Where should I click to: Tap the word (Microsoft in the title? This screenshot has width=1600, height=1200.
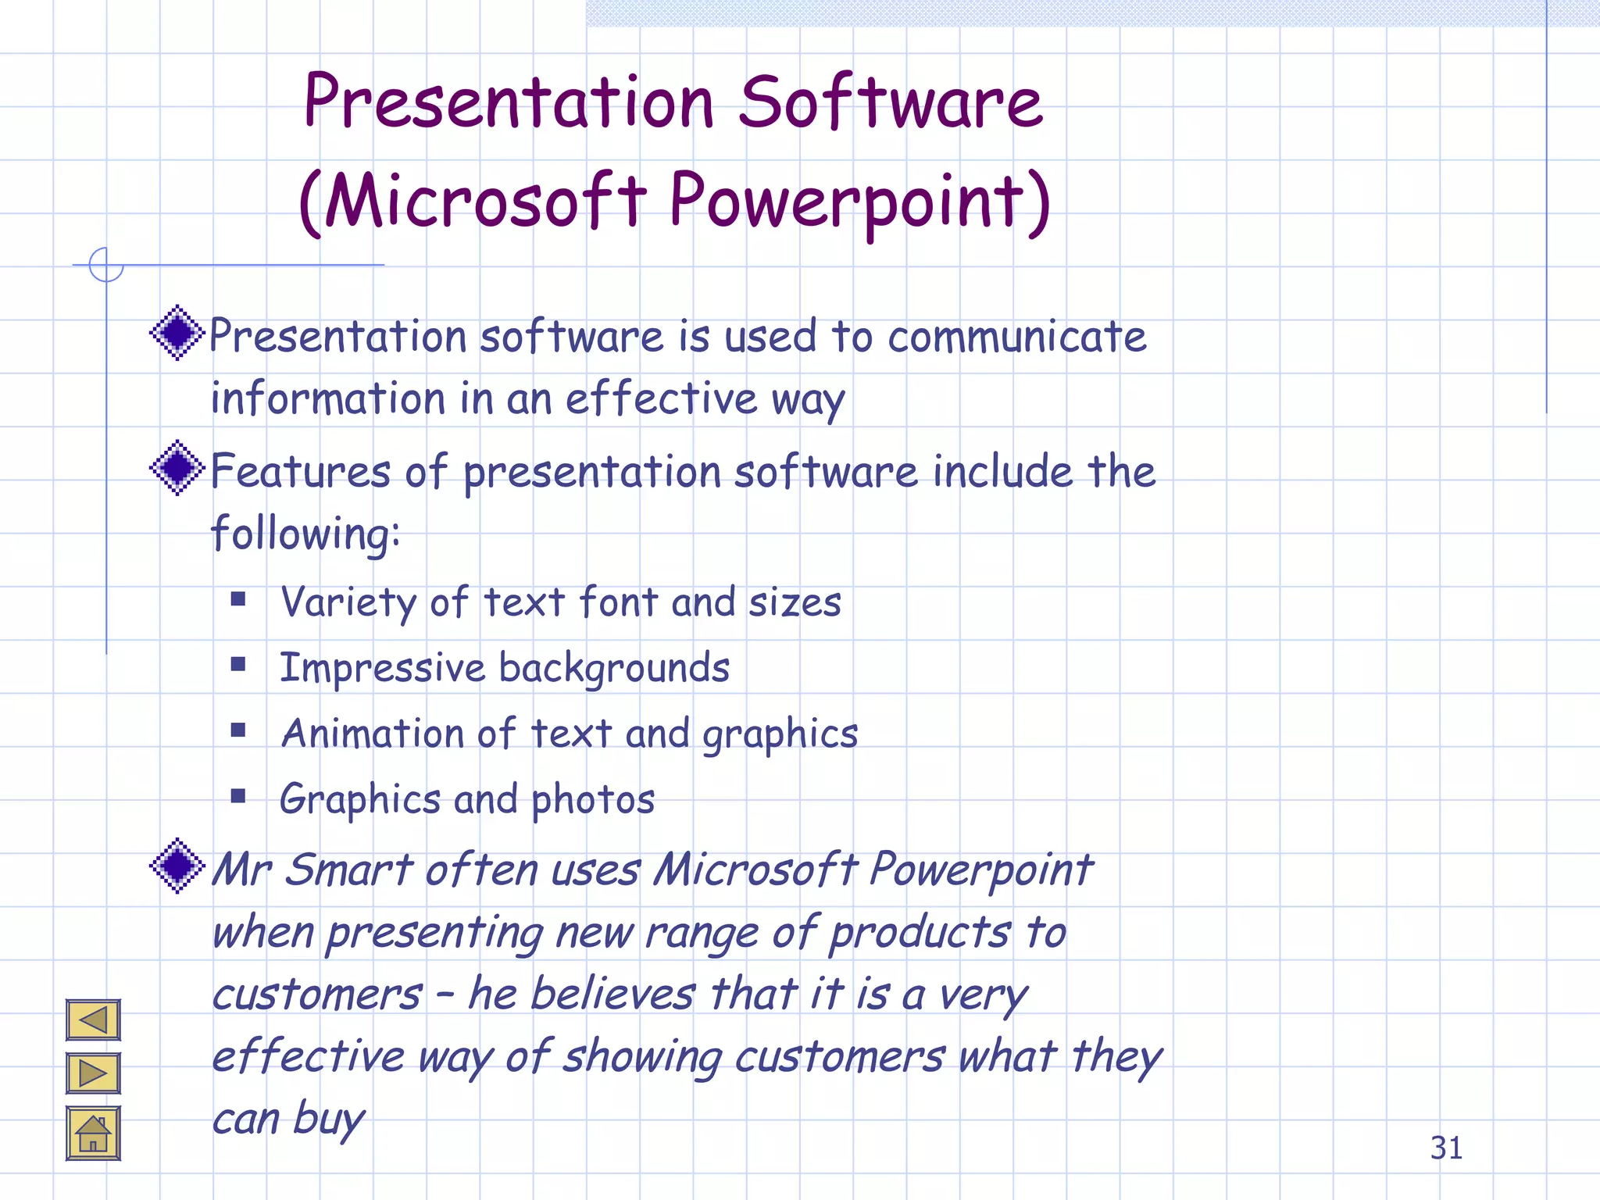pos(473,202)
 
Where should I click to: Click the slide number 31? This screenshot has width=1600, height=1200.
pos(1446,1148)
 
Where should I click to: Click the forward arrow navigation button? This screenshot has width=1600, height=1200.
pos(93,1073)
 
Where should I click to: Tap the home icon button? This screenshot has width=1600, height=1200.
pos(93,1133)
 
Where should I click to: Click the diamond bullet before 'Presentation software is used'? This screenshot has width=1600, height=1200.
pos(177,333)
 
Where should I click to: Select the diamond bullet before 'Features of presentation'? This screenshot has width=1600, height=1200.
pos(177,467)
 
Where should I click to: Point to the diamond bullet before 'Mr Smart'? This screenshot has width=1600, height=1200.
pos(177,865)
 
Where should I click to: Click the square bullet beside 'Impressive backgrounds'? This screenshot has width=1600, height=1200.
pos(238,665)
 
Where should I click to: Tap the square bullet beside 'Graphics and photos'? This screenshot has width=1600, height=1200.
pos(238,796)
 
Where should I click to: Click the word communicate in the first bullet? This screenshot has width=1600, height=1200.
pos(1016,337)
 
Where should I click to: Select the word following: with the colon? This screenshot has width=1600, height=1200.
pos(305,535)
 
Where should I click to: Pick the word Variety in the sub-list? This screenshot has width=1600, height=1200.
pos(348,603)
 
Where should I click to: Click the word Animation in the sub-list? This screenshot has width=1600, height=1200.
pos(373,734)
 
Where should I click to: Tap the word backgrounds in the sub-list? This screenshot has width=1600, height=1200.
pos(613,669)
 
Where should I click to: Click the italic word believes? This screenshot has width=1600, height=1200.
pos(623,995)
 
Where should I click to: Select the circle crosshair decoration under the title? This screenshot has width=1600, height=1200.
pos(106,265)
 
